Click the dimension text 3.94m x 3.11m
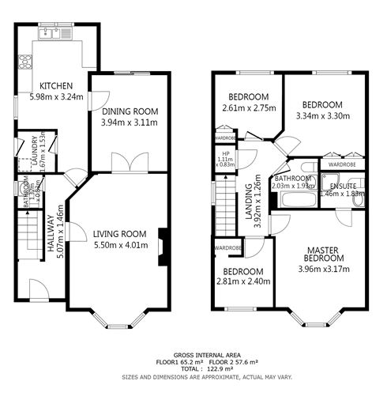tap(130, 123)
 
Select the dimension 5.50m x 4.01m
tap(120, 245)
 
